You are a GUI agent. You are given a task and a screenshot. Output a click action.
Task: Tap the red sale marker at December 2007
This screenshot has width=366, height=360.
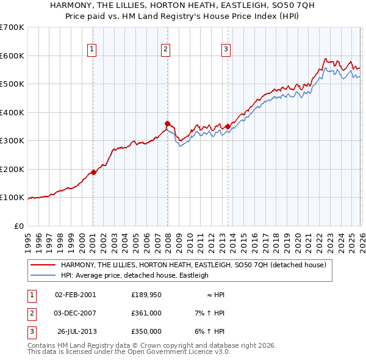[167, 123]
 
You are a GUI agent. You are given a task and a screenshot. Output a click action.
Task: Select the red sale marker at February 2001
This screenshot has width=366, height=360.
[93, 172]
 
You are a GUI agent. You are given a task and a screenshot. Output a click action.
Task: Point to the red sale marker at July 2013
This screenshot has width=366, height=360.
[228, 126]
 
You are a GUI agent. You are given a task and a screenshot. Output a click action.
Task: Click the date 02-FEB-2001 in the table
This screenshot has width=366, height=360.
[75, 295]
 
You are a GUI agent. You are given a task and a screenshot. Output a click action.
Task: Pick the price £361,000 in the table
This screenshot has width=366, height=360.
[146, 313]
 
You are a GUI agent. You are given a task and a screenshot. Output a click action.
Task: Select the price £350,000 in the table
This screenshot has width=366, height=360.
[146, 331]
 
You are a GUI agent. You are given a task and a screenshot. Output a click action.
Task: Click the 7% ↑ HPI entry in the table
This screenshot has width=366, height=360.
[209, 313]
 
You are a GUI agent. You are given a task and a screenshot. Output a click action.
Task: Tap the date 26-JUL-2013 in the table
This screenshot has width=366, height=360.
[76, 331]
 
